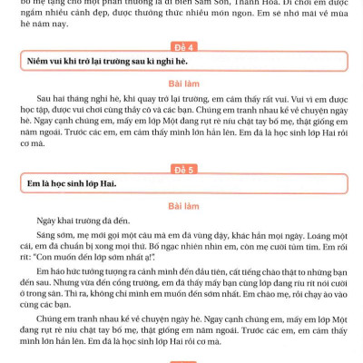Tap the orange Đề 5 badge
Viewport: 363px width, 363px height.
point(181,168)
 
